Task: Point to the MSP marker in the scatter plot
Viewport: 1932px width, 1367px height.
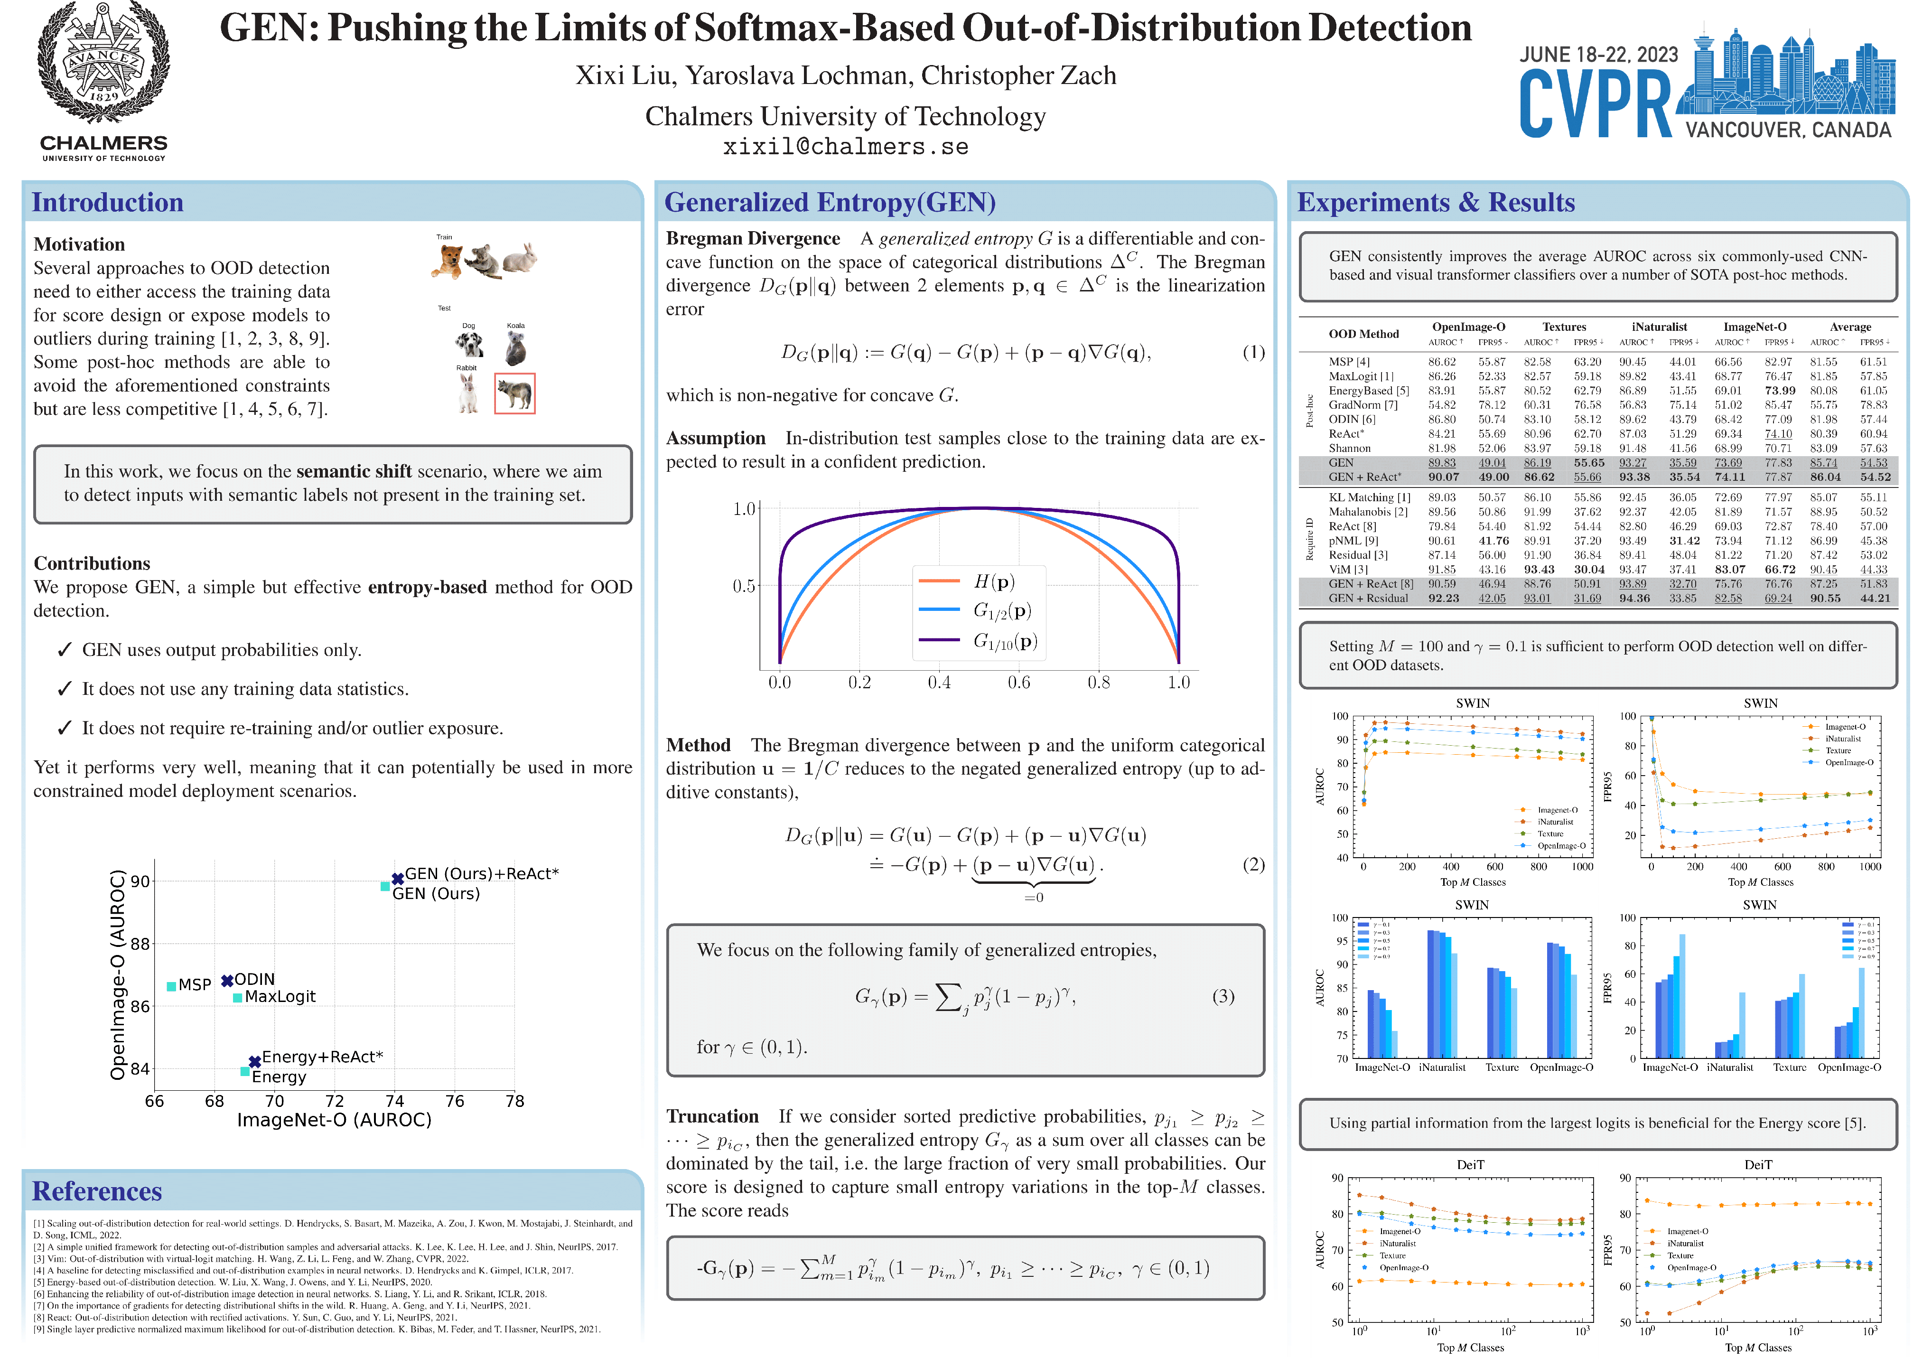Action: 172,986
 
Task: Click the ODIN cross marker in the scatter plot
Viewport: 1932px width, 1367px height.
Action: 226,981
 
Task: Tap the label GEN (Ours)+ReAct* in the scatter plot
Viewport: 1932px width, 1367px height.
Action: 481,874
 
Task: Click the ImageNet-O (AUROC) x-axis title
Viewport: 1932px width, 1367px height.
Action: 334,1120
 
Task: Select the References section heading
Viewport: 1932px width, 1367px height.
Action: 97,1191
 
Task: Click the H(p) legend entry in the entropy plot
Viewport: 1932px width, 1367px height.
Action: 993,581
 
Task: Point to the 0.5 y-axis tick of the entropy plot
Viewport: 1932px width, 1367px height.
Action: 744,586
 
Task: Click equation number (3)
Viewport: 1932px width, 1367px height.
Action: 1223,997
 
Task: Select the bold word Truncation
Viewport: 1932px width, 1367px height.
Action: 712,1116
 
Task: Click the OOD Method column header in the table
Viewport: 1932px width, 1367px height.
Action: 1363,334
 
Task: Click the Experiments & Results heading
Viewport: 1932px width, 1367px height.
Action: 1436,203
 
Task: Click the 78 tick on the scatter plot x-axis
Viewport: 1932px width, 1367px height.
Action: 514,1101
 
